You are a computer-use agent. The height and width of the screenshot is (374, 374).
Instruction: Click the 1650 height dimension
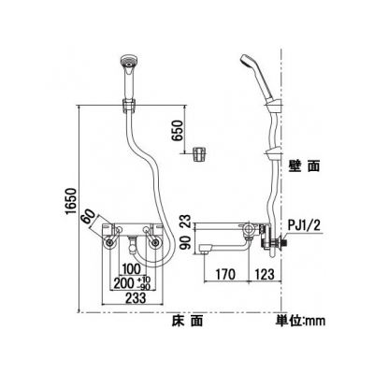pyautogui.click(x=71, y=202)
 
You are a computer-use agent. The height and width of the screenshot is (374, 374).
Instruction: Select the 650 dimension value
pyautogui.click(x=179, y=130)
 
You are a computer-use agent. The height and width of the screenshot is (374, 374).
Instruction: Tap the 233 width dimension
pyautogui.click(x=136, y=297)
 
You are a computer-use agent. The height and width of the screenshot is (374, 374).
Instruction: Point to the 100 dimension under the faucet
pyautogui.click(x=132, y=269)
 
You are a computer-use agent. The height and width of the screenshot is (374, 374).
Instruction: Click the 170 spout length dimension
pyautogui.click(x=225, y=274)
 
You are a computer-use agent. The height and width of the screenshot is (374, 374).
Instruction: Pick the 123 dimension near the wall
pyautogui.click(x=265, y=274)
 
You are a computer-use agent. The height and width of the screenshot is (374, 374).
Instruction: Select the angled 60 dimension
pyautogui.click(x=89, y=216)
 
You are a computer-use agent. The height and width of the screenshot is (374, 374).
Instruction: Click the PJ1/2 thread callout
pyautogui.click(x=304, y=224)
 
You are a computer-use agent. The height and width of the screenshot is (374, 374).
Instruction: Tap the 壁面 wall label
pyautogui.click(x=304, y=166)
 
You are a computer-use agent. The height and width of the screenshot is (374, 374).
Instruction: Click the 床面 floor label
pyautogui.click(x=187, y=320)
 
